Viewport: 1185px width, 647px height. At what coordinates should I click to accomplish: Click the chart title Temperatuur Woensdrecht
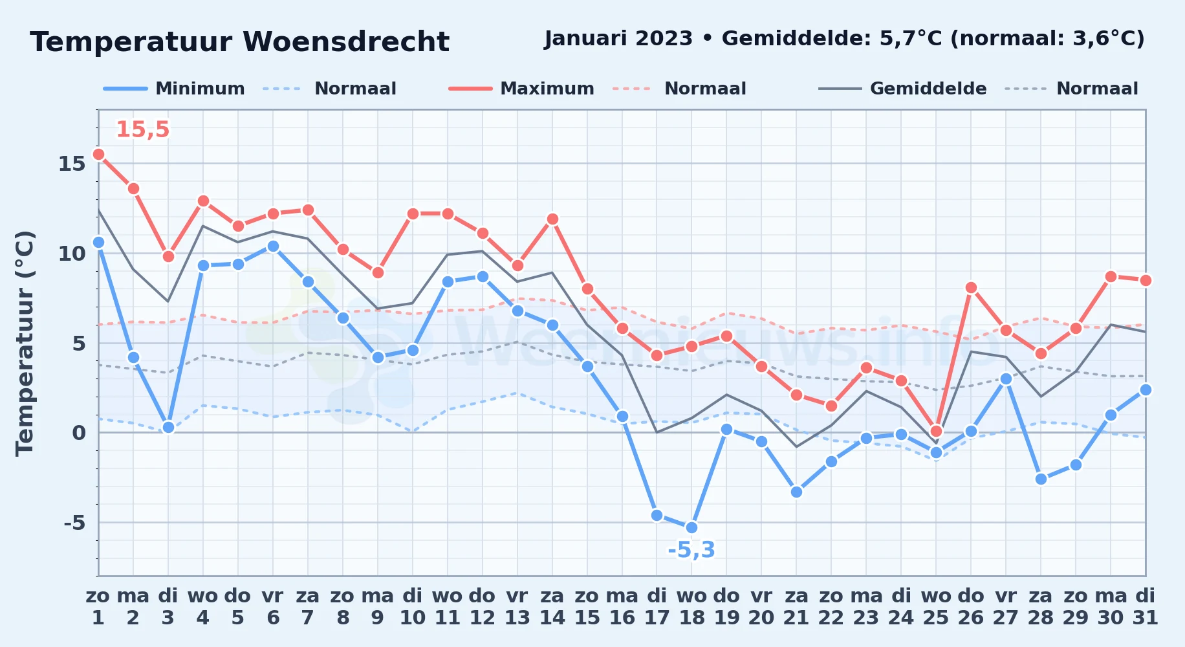tap(239, 42)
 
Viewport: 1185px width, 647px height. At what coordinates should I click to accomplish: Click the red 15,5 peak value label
tap(142, 129)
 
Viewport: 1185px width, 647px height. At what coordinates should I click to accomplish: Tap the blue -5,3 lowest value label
tap(691, 550)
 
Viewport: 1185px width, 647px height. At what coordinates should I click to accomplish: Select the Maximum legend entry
tap(521, 89)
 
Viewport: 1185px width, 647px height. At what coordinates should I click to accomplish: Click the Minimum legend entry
tap(174, 89)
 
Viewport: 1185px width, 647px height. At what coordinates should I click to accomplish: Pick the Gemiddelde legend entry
tap(902, 89)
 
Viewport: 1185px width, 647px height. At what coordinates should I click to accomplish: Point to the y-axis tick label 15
tap(72, 164)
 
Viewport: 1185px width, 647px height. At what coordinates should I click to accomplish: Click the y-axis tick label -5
tap(74, 523)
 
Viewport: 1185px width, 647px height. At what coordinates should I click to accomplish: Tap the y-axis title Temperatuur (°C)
tap(25, 343)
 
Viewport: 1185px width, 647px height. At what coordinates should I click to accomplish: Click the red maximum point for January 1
tap(98, 154)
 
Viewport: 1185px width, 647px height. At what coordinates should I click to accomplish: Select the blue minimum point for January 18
tap(691, 527)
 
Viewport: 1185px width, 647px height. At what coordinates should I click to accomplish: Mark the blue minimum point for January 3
tap(168, 427)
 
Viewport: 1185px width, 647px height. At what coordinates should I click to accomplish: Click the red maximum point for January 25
tap(936, 431)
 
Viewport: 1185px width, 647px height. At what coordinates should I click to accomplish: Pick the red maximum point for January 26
tap(971, 287)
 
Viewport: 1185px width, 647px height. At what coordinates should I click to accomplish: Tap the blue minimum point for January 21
tap(796, 492)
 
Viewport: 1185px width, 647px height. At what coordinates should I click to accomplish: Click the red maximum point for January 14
tap(552, 219)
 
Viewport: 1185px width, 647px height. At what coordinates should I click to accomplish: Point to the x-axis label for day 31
tap(1146, 606)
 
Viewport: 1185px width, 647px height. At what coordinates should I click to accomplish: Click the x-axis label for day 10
tap(413, 606)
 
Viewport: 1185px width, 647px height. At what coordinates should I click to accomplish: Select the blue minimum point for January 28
tap(1041, 479)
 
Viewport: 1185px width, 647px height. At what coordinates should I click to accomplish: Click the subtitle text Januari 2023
tap(618, 39)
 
